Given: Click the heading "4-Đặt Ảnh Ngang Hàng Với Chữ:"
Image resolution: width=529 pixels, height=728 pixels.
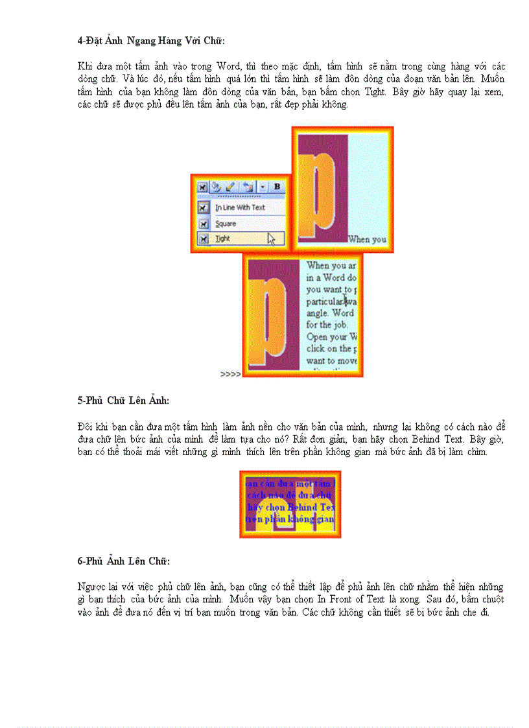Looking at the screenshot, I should (151, 41).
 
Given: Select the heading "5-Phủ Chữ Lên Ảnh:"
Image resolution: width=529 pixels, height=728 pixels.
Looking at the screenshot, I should (123, 401).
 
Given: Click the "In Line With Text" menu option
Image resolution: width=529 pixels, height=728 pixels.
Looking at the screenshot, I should (241, 207).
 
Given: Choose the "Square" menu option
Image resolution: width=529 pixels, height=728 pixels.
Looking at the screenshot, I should (226, 224).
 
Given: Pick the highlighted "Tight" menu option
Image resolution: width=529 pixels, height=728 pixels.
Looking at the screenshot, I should (223, 239).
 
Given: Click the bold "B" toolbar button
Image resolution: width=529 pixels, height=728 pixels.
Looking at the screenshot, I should (277, 187).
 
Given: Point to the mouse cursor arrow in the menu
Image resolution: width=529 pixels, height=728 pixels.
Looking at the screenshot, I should (271, 239).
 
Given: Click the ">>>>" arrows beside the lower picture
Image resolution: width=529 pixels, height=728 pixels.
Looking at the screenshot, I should (230, 374).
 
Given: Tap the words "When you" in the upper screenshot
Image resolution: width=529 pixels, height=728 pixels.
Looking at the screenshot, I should (367, 239).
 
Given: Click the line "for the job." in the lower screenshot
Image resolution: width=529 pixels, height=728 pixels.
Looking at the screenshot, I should (327, 325).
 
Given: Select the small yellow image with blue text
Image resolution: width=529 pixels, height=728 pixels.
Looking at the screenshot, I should (290, 504).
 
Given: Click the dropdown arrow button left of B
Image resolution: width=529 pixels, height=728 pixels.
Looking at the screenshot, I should (263, 187).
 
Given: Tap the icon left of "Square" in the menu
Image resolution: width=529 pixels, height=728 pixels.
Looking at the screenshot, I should (203, 224).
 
